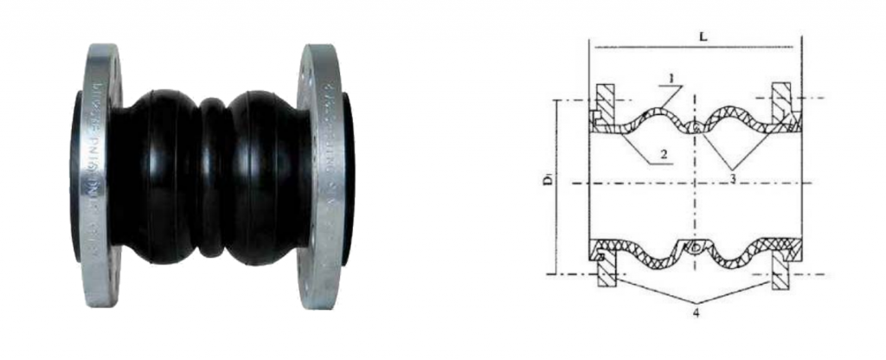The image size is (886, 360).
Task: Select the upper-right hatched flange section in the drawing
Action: pyautogui.click(x=781, y=100)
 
